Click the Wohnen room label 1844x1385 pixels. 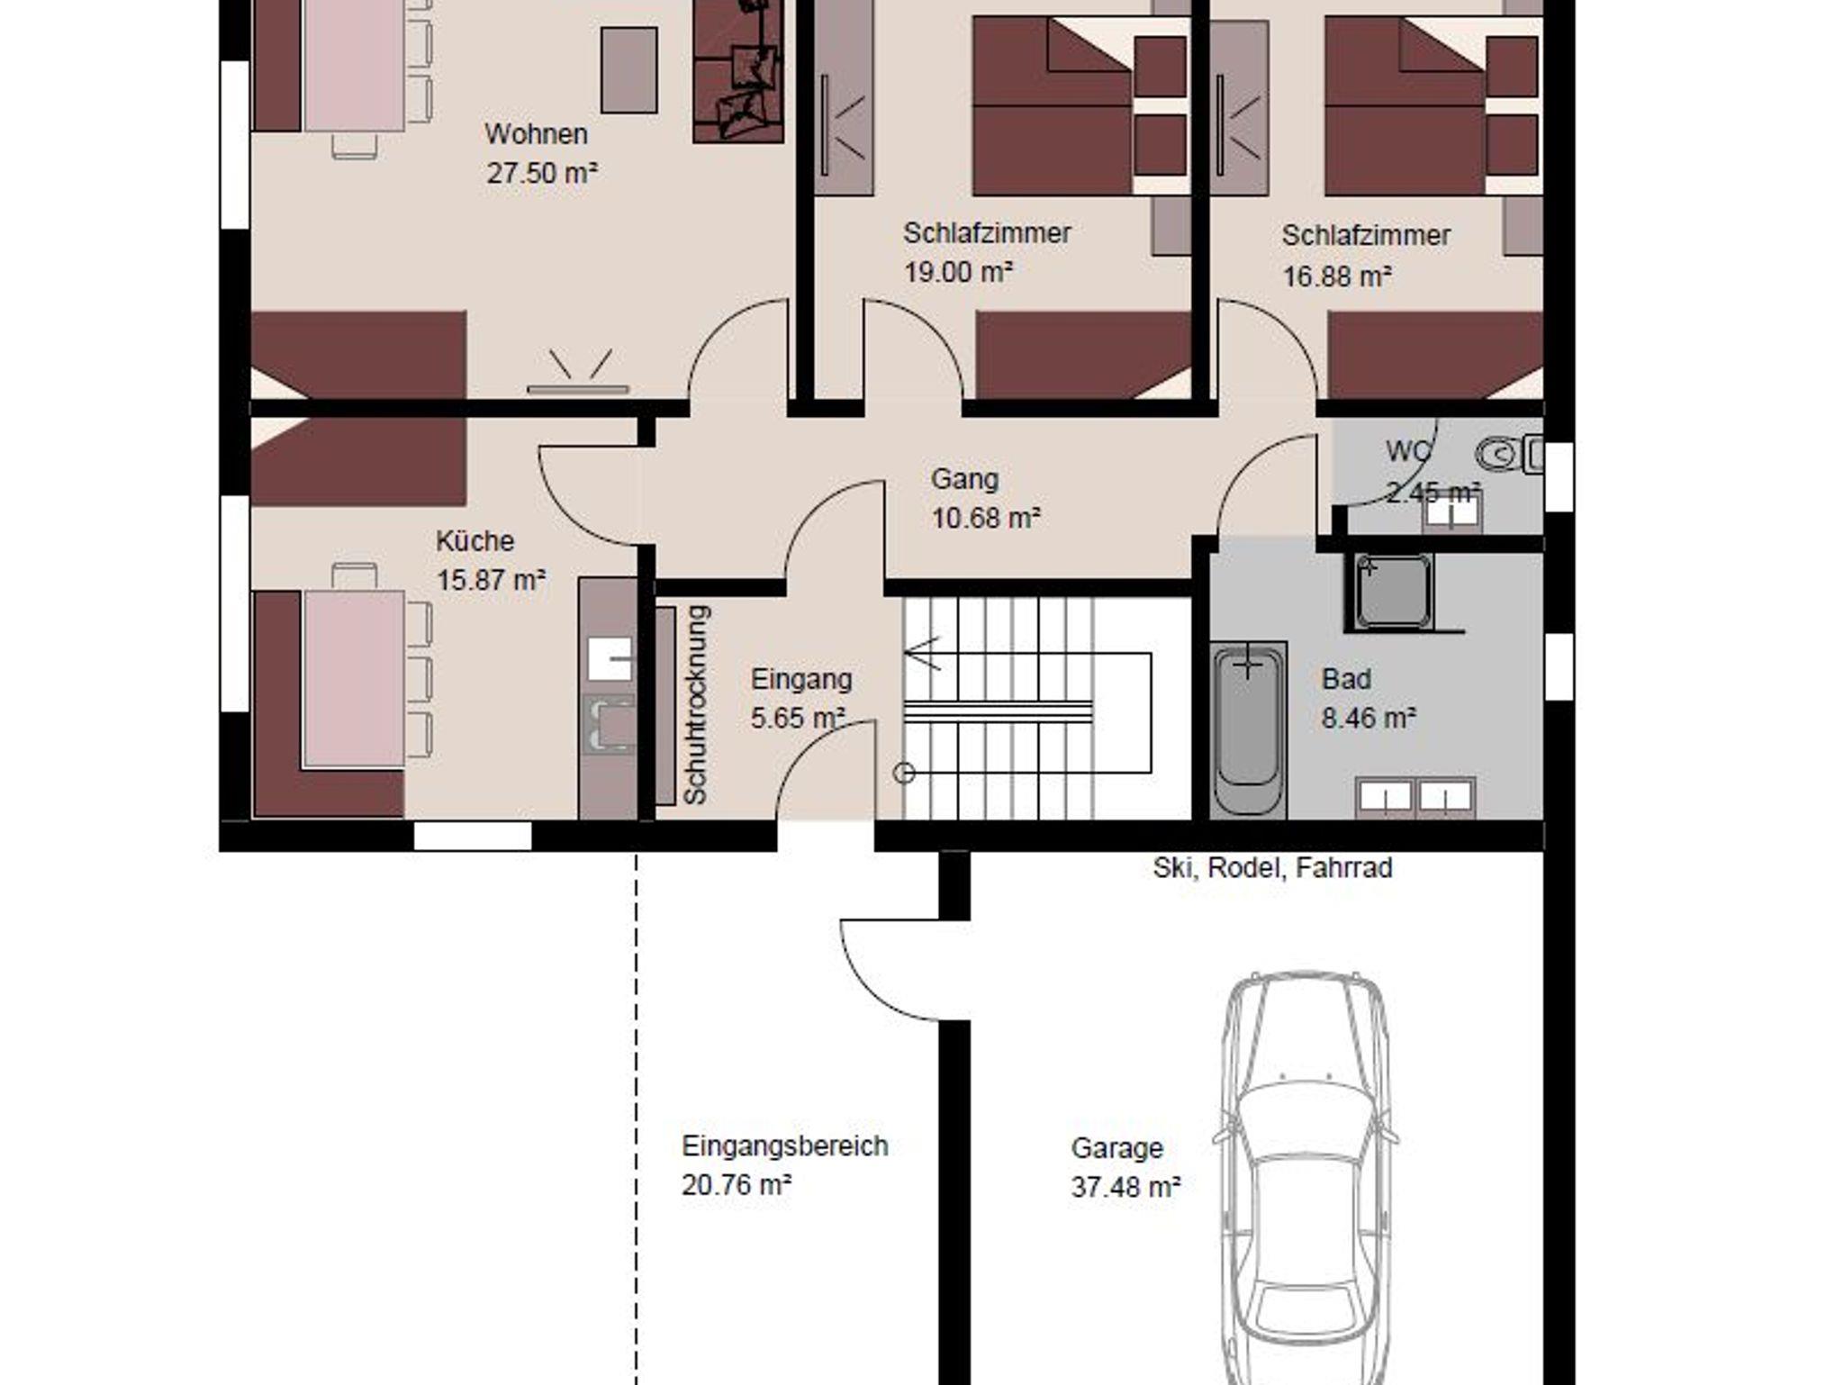[x=536, y=134]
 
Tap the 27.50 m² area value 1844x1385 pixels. [x=542, y=173]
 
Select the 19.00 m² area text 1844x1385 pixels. [x=958, y=271]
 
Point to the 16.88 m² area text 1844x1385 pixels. [x=1336, y=276]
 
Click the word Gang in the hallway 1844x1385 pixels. [x=964, y=479]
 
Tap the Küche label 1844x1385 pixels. [x=475, y=541]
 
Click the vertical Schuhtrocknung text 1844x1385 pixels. [x=696, y=704]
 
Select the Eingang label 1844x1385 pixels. [x=801, y=679]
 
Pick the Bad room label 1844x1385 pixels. [x=1346, y=679]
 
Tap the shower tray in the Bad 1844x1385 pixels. [x=1392, y=591]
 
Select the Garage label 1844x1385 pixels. [x=1116, y=1148]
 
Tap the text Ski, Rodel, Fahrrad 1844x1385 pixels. [x=1272, y=867]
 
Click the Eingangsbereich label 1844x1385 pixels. [x=784, y=1146]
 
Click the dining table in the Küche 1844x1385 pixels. [x=354, y=679]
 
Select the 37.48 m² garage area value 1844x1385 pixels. [x=1125, y=1187]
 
